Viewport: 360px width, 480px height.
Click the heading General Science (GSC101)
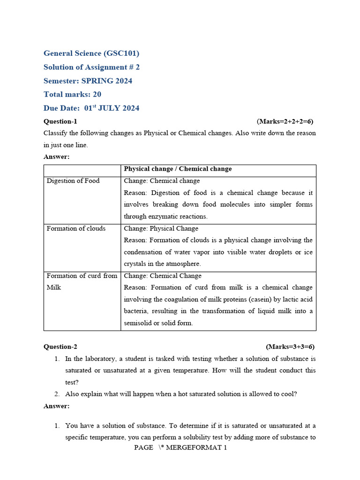click(x=91, y=53)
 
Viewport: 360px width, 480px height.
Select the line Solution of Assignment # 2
click(x=91, y=67)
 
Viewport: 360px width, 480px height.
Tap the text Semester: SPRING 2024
click(x=88, y=81)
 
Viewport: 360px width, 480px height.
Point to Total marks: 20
click(x=72, y=94)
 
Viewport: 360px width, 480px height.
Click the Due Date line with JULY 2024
click(x=91, y=108)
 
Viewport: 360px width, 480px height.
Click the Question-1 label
click(x=60, y=121)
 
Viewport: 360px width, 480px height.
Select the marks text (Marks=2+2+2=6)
click(x=285, y=121)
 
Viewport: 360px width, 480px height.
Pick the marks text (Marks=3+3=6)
click(x=290, y=347)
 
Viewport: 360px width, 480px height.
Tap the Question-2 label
click(x=60, y=347)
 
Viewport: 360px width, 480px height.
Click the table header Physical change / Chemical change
click(x=178, y=169)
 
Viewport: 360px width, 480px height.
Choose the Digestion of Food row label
click(x=73, y=181)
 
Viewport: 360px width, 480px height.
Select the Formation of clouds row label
click(x=76, y=228)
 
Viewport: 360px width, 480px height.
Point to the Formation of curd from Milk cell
click(x=82, y=281)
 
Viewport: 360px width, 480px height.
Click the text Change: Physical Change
click(x=161, y=228)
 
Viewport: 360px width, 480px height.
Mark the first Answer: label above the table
click(x=56, y=157)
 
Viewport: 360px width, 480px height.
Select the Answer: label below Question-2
click(x=56, y=406)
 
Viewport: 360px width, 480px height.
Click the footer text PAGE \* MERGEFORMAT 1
click(x=180, y=448)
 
